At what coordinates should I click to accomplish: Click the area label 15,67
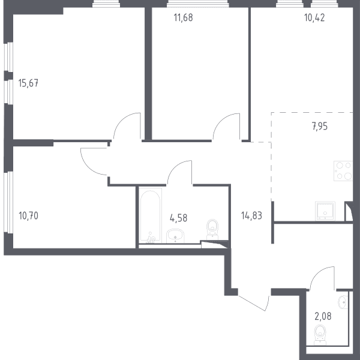pyautogui.click(x=28, y=83)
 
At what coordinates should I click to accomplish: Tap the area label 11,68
pyautogui.click(x=183, y=17)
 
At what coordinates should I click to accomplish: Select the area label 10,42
pyautogui.click(x=314, y=17)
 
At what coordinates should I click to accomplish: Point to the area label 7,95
pyautogui.click(x=320, y=126)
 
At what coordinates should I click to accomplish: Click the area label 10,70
pyautogui.click(x=28, y=216)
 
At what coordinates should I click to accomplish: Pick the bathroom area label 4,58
pyautogui.click(x=178, y=218)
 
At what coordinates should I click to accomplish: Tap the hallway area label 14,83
pyautogui.click(x=251, y=216)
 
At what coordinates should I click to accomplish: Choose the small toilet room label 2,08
pyautogui.click(x=323, y=316)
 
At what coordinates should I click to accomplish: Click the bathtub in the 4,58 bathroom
pyautogui.click(x=151, y=216)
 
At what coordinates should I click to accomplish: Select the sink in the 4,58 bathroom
pyautogui.click(x=175, y=236)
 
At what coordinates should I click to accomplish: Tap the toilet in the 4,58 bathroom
pyautogui.click(x=212, y=229)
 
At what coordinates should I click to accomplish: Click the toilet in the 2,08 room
pyautogui.click(x=320, y=335)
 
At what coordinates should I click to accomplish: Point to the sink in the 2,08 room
pyautogui.click(x=343, y=302)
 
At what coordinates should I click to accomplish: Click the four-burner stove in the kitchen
pyautogui.click(x=343, y=171)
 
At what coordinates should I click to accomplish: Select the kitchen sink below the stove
pyautogui.click(x=325, y=211)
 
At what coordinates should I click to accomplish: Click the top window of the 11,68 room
pyautogui.click(x=197, y=4)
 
